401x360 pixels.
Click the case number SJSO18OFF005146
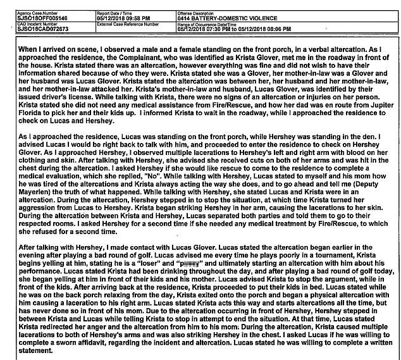pos(40,12)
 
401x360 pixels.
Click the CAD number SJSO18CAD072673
pos(40,28)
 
